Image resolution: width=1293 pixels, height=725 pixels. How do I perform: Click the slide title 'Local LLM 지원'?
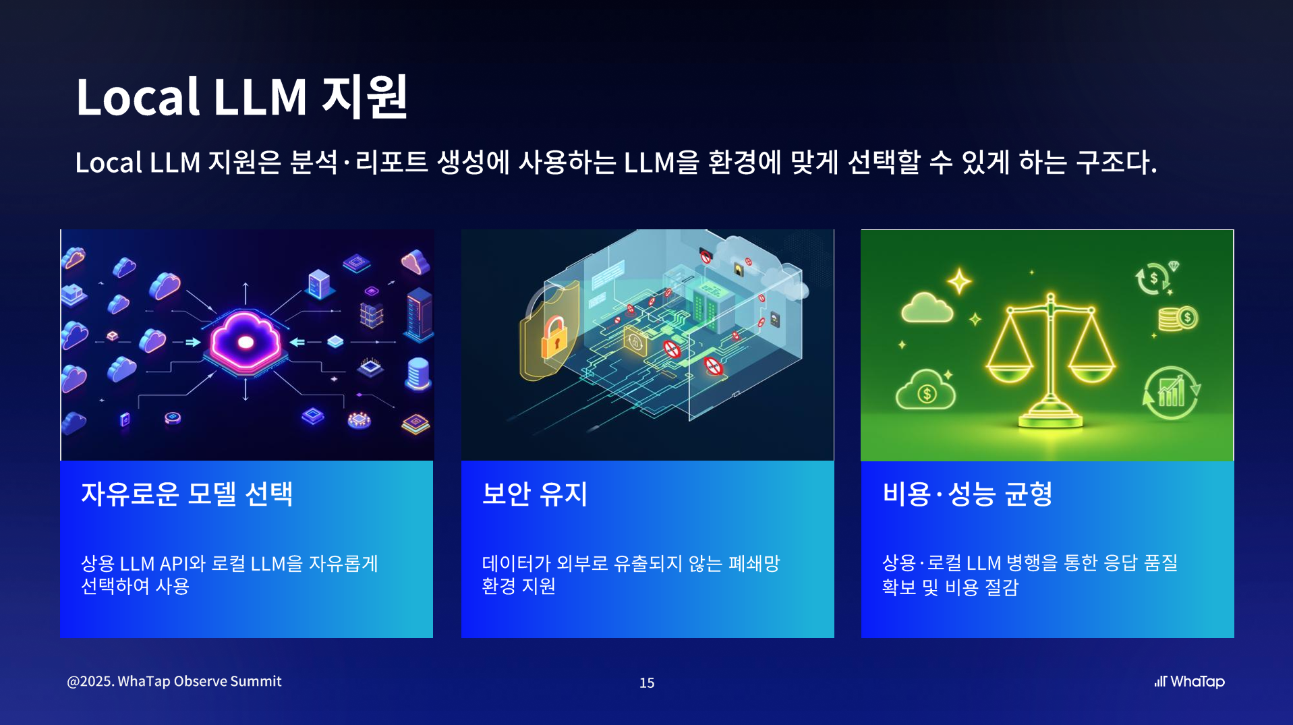pyautogui.click(x=241, y=96)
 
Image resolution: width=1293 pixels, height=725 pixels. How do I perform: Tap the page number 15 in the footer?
pyautogui.click(x=647, y=683)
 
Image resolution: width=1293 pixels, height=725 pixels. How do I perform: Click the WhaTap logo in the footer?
pyautogui.click(x=1189, y=681)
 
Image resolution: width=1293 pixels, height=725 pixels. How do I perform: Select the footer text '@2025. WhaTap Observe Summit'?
pyautogui.click(x=174, y=681)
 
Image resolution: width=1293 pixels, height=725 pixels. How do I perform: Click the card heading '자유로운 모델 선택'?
pyautogui.click(x=187, y=494)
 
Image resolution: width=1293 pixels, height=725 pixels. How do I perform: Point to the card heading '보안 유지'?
pyautogui.click(x=535, y=494)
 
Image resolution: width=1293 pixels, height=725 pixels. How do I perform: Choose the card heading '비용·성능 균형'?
pyautogui.click(x=967, y=494)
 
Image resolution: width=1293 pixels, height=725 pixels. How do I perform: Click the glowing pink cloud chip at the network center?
pyautogui.click(x=246, y=342)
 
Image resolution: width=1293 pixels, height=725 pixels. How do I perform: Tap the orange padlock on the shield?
pyautogui.click(x=554, y=337)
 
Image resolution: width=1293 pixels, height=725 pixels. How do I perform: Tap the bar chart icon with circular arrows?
pyautogui.click(x=1171, y=393)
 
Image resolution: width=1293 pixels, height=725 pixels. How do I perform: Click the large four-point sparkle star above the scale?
pyautogui.click(x=959, y=281)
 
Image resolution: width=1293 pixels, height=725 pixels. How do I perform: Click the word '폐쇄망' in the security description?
pyautogui.click(x=754, y=563)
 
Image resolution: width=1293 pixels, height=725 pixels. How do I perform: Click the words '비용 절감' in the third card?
pyautogui.click(x=981, y=587)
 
